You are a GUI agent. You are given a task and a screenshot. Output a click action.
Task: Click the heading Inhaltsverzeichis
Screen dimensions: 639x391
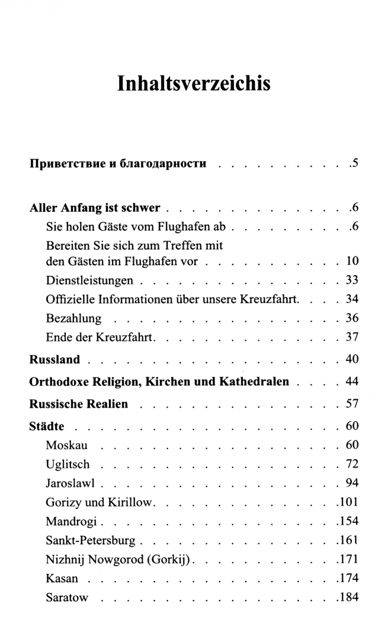pos(194,83)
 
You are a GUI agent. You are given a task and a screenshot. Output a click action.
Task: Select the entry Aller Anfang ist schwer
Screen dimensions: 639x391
pos(95,208)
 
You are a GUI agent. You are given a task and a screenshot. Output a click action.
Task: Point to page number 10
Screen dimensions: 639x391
pos(352,261)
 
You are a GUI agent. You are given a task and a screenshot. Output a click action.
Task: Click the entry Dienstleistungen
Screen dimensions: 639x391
pos(89,280)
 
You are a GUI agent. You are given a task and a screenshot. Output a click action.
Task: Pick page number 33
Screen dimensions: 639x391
pos(352,280)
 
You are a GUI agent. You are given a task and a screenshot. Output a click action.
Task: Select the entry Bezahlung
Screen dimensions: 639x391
pos(73,318)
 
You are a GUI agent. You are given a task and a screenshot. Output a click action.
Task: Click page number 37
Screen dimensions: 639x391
pos(352,337)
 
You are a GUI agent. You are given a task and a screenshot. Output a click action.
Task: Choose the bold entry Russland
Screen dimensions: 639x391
pos(55,360)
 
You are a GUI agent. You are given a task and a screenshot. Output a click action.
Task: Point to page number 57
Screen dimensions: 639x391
pos(352,405)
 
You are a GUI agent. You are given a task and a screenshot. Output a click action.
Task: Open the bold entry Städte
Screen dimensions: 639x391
pos(47,427)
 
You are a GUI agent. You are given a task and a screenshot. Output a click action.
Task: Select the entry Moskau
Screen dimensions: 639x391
pos(66,445)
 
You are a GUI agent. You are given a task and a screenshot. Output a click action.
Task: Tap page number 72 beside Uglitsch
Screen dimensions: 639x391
pos(352,464)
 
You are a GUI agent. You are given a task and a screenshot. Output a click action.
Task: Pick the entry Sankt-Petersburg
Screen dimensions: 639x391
pos(91,540)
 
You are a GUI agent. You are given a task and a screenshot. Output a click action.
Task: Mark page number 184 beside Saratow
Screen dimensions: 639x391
pos(348,597)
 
